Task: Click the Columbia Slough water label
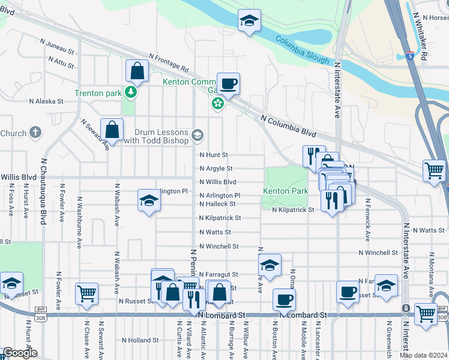tap(303, 50)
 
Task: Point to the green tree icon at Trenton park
tap(129, 92)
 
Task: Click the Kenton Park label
tap(285, 191)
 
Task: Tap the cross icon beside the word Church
tap(35, 133)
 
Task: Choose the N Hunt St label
tap(214, 155)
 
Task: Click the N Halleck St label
tap(217, 204)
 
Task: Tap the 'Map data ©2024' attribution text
tap(424, 355)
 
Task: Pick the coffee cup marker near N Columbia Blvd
tap(228, 83)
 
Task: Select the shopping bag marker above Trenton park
tap(137, 71)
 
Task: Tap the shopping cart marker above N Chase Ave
tap(87, 294)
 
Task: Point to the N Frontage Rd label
tap(169, 61)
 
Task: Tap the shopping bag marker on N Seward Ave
tap(112, 129)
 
